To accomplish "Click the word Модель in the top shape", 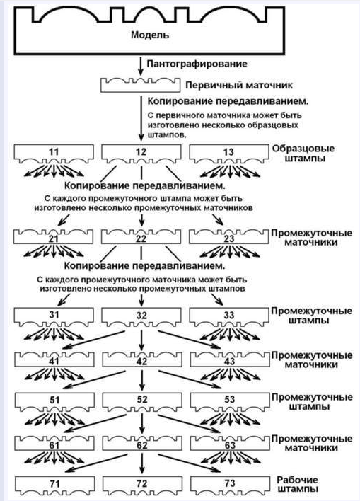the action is (x=150, y=35).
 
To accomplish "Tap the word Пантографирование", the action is (x=197, y=64).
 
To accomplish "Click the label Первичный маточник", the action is (x=239, y=86).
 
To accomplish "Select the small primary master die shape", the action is (x=139, y=85).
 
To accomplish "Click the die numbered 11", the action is (x=54, y=154).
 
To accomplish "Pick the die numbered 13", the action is (x=228, y=154).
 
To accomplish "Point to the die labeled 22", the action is (x=141, y=236).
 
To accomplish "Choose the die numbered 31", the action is (x=54, y=316).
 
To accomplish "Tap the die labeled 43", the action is (x=230, y=359).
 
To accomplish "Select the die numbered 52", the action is (x=142, y=401).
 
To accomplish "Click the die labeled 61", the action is (x=54, y=442).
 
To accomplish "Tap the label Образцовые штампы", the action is (x=303, y=153).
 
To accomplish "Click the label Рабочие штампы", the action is (x=297, y=484).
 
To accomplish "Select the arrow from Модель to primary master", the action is (x=141, y=67).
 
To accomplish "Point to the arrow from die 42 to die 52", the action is (x=142, y=381).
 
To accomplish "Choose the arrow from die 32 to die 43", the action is (x=190, y=340).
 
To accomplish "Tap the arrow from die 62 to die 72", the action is (x=142, y=463).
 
